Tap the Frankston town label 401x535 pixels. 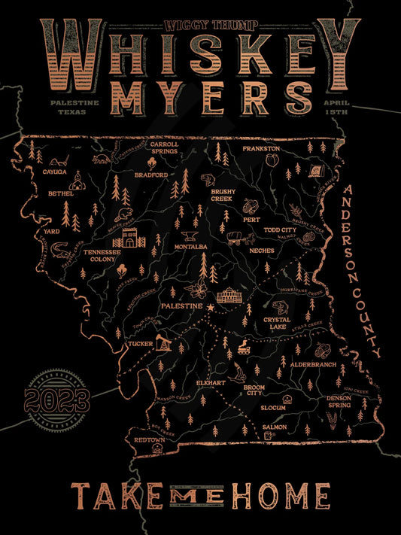pos(261,149)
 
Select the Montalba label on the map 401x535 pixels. pos(190,246)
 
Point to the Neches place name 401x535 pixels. pos(262,250)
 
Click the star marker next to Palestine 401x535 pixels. pos(211,308)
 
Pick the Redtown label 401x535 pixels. pos(149,439)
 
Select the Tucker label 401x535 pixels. pos(141,344)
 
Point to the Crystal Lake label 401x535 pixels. pos(277,324)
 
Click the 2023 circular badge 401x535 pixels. pos(56,395)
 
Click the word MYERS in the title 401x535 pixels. pos(200,99)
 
